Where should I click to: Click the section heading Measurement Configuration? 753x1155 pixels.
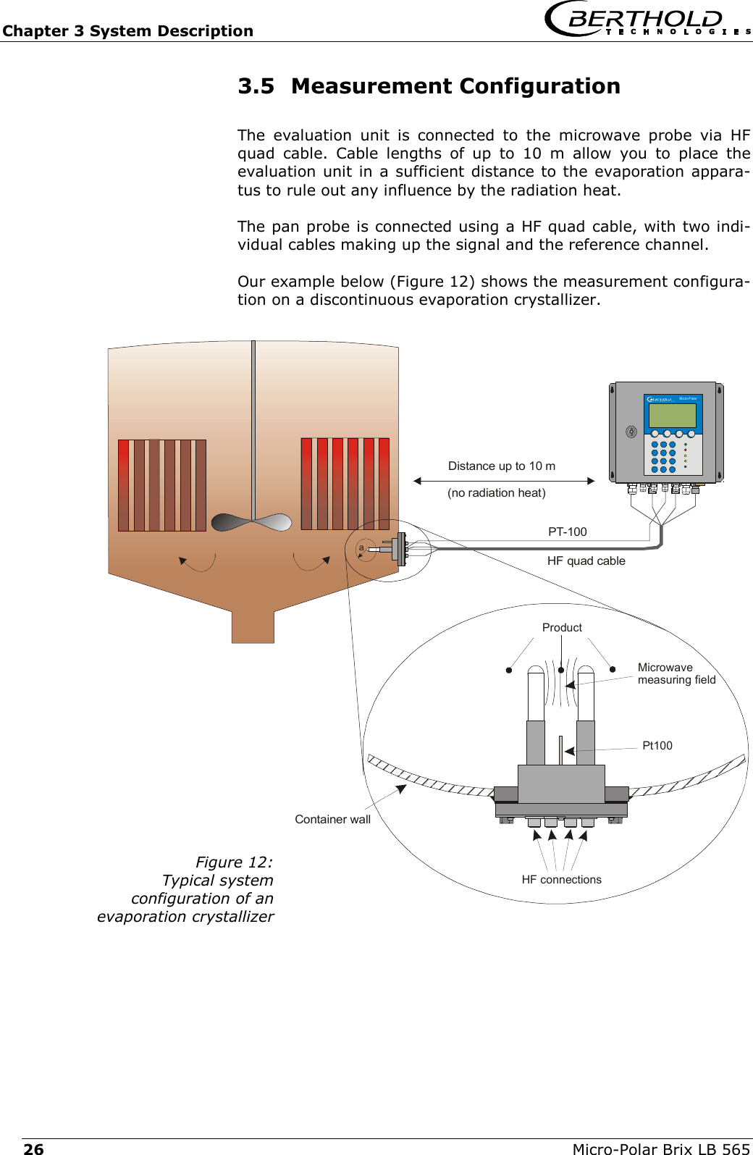[429, 86]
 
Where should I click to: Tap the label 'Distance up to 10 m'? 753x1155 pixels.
[501, 466]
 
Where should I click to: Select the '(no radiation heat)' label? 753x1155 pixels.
[496, 492]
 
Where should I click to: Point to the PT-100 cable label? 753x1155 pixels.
[567, 532]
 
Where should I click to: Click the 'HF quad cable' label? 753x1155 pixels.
[586, 560]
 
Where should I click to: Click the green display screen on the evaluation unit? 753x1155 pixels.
[672, 416]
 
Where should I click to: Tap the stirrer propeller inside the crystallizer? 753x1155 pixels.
[251, 522]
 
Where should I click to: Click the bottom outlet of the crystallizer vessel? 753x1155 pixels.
[253, 626]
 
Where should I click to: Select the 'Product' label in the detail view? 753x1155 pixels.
[562, 627]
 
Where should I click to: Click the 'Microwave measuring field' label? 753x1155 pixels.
[676, 673]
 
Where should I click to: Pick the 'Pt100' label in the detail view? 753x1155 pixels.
[657, 745]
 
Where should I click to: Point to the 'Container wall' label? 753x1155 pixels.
[332, 819]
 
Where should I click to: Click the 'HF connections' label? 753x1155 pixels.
[561, 879]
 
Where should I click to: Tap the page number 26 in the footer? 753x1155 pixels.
[33, 1148]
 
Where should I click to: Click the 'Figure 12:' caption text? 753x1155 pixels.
[234, 862]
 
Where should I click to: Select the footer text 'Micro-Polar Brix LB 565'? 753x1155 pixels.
[660, 1148]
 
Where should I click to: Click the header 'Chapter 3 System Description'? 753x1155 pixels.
[127, 31]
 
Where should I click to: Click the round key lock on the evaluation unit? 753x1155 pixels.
[631, 432]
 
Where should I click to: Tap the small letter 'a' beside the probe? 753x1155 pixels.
[361, 548]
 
